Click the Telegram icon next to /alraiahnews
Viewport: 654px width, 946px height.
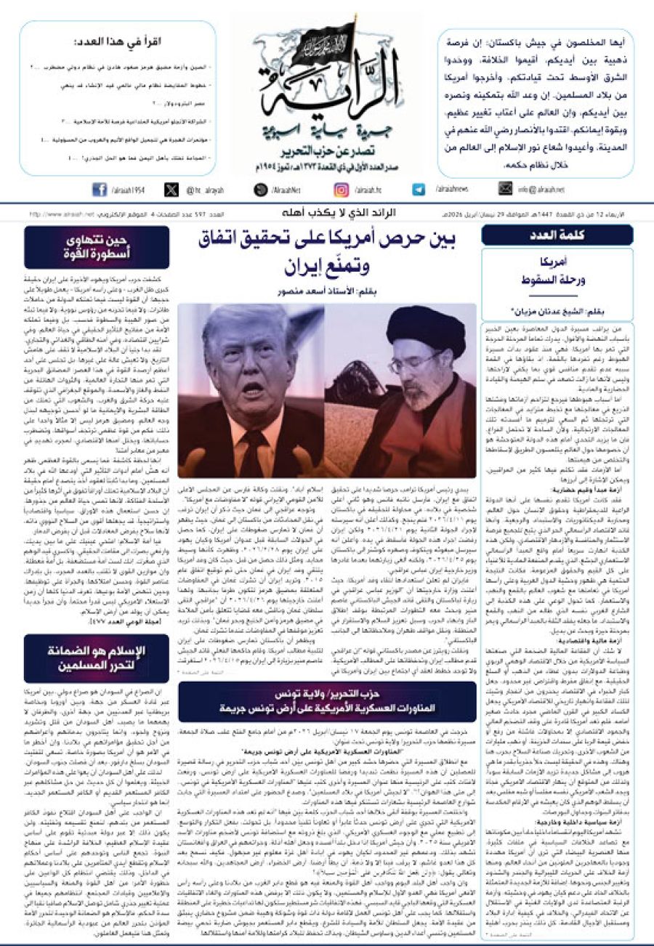coord(419,190)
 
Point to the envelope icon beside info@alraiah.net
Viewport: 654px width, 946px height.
coord(505,190)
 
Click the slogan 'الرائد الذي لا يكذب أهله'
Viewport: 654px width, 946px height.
coord(330,214)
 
